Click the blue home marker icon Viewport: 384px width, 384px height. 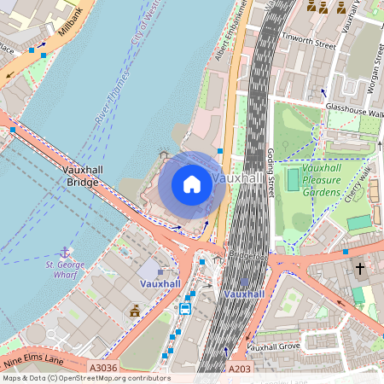[192, 183]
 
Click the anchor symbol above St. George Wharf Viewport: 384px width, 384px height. [65, 253]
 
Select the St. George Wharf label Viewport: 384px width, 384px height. [67, 271]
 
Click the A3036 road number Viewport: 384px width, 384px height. [103, 368]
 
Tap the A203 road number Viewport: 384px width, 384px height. [240, 368]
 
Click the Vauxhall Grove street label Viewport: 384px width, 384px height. [273, 346]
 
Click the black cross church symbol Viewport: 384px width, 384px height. [360, 269]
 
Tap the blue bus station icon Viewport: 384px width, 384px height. [184, 308]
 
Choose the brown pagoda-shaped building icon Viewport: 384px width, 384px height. [135, 311]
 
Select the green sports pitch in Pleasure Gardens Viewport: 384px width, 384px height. [294, 179]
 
